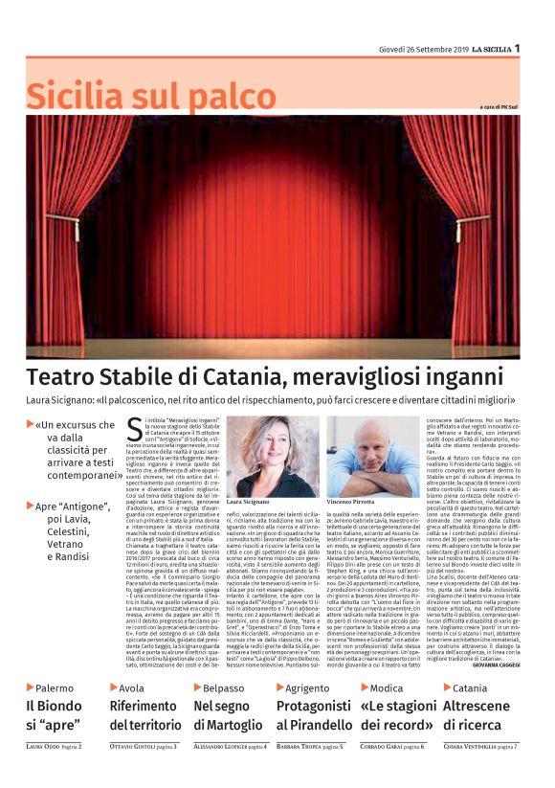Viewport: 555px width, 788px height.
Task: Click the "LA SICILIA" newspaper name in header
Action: (x=490, y=49)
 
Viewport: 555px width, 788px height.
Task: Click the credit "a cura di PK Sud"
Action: (x=503, y=105)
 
